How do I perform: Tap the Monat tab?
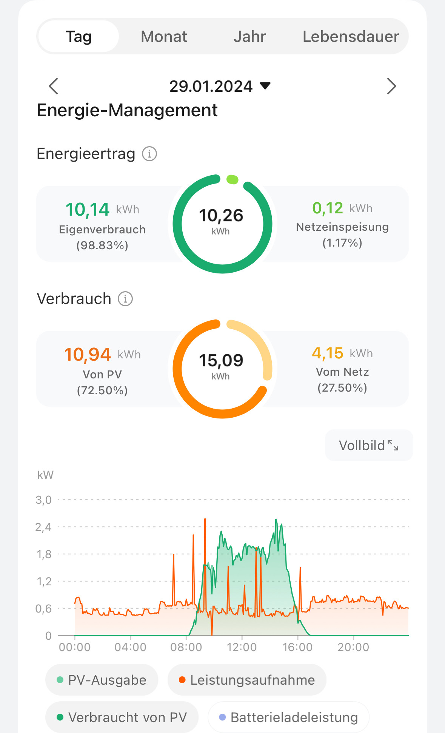[x=164, y=37]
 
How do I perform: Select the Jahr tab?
[x=249, y=37]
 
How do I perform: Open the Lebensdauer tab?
[x=351, y=37]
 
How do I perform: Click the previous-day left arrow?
[x=54, y=86]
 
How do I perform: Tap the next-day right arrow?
[x=391, y=86]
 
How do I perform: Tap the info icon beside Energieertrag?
[x=149, y=154]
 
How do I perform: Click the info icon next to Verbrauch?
[x=125, y=299]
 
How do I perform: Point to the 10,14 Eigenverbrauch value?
[x=88, y=210]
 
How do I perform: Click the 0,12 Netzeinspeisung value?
[x=328, y=208]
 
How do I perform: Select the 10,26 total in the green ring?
[x=221, y=216]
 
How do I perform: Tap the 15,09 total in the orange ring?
[x=221, y=361]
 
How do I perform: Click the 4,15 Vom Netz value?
[x=328, y=353]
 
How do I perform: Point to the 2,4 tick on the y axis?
[x=43, y=527]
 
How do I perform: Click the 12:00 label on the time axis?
[x=242, y=647]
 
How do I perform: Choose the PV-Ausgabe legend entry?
[x=102, y=680]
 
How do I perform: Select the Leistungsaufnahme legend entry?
[x=247, y=680]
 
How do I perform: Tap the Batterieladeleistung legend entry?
[x=288, y=717]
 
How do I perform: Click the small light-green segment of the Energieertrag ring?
[x=232, y=179]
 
